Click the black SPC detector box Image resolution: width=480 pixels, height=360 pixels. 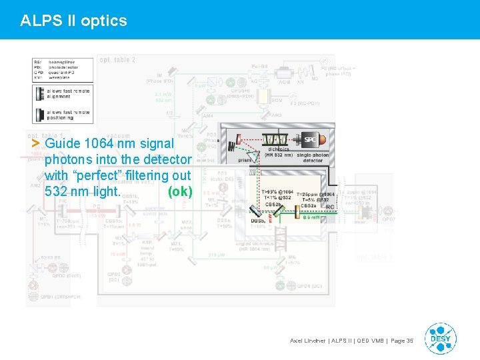pyautogui.click(x=310, y=141)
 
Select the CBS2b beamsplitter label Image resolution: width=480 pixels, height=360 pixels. pyautogui.click(x=273, y=204)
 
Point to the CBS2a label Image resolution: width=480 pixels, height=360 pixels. pyautogui.click(x=308, y=206)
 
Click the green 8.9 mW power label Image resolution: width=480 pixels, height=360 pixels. pyautogui.click(x=312, y=217)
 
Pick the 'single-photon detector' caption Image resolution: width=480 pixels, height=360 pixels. pyautogui.click(x=313, y=157)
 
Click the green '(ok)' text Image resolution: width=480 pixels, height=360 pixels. pyautogui.click(x=180, y=192)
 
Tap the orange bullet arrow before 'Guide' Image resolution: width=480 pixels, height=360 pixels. pyautogui.click(x=36, y=143)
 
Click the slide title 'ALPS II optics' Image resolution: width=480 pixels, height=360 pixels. pyautogui.click(x=73, y=21)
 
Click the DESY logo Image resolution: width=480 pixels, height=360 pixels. pyautogui.click(x=440, y=338)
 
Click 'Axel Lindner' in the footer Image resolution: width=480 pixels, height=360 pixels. pyautogui.click(x=309, y=341)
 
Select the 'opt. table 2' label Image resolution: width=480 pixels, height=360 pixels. pyautogui.click(x=117, y=60)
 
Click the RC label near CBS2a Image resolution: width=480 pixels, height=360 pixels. pyautogui.click(x=329, y=207)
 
